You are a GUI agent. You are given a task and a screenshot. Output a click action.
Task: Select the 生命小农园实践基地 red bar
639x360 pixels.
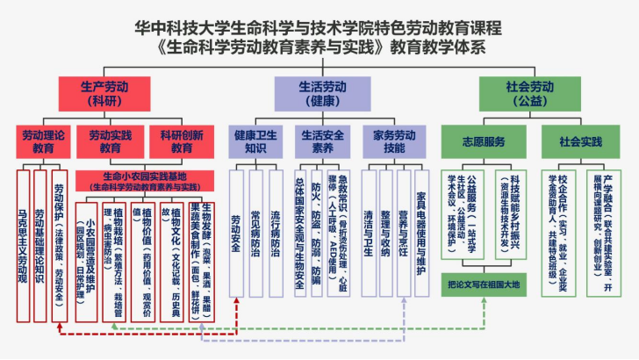point(154,181)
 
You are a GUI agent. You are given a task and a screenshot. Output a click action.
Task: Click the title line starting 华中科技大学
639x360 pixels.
point(319,27)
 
